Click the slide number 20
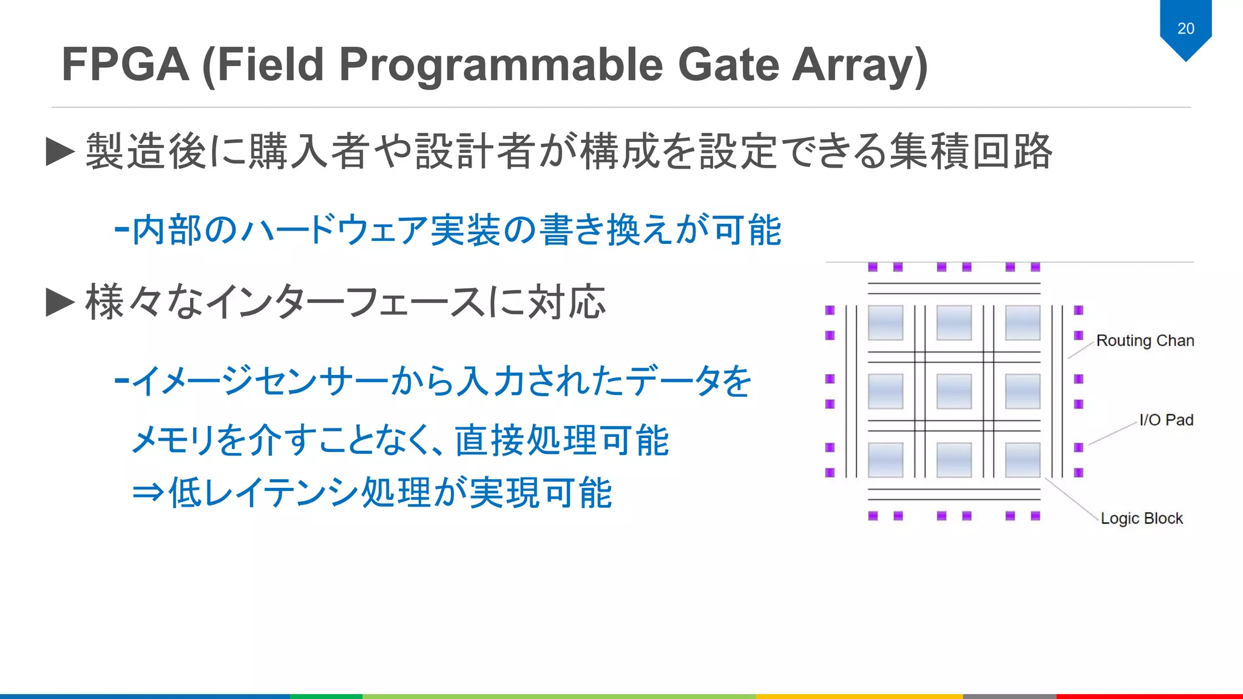[x=1185, y=29]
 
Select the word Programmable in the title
[x=500, y=65]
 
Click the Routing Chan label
[x=1145, y=340]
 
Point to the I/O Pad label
[x=1166, y=420]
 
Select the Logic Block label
[x=1142, y=518]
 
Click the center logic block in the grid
[x=954, y=391]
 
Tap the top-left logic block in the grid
[x=886, y=323]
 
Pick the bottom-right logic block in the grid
[x=1023, y=460]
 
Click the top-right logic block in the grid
[x=1023, y=323]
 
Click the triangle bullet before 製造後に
[x=60, y=152]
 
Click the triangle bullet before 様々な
[x=60, y=302]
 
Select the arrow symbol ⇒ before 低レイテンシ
[x=148, y=492]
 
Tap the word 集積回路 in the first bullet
[x=970, y=152]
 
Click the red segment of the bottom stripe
[x=1149, y=696]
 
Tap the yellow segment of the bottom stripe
[x=859, y=696]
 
